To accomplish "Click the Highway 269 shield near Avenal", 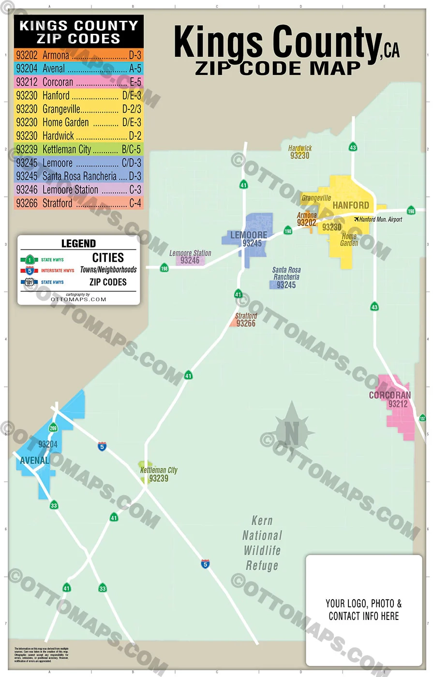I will pos(53,427).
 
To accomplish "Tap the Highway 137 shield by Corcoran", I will pos(422,418).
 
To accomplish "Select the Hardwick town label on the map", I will pos(300,148).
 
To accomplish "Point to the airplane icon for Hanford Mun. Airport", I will pos(357,220).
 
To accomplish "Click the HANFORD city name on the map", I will pos(351,206).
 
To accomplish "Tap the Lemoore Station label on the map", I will pos(190,253).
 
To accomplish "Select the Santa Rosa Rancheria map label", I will pos(286,274).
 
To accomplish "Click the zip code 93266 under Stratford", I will pos(246,324).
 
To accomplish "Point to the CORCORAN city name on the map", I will pos(389,395).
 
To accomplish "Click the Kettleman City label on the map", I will pos(159,470).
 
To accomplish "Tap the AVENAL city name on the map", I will pos(34,460).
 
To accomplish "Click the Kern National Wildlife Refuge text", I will pos(262,543).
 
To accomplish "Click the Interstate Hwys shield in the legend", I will pos(29,270).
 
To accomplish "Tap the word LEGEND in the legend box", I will pos(78,244).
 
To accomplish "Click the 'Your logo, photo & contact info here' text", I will pos(363,610).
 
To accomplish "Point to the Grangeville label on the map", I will pos(316,198).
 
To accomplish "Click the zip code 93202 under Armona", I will pos(306,223).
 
